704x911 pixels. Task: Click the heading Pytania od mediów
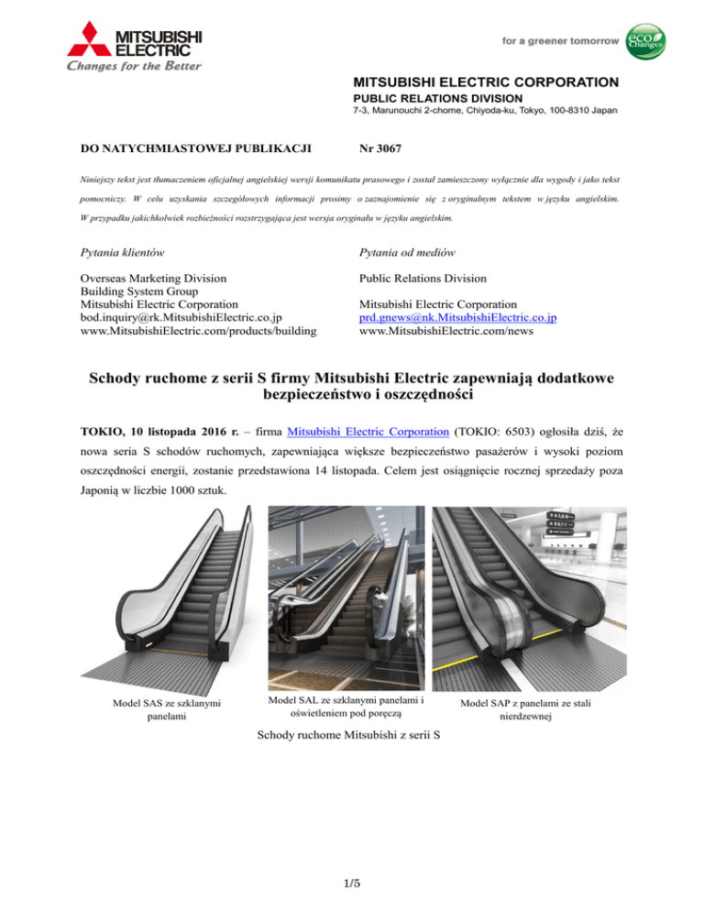[409, 250]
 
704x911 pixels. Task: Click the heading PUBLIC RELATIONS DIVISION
[438, 98]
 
